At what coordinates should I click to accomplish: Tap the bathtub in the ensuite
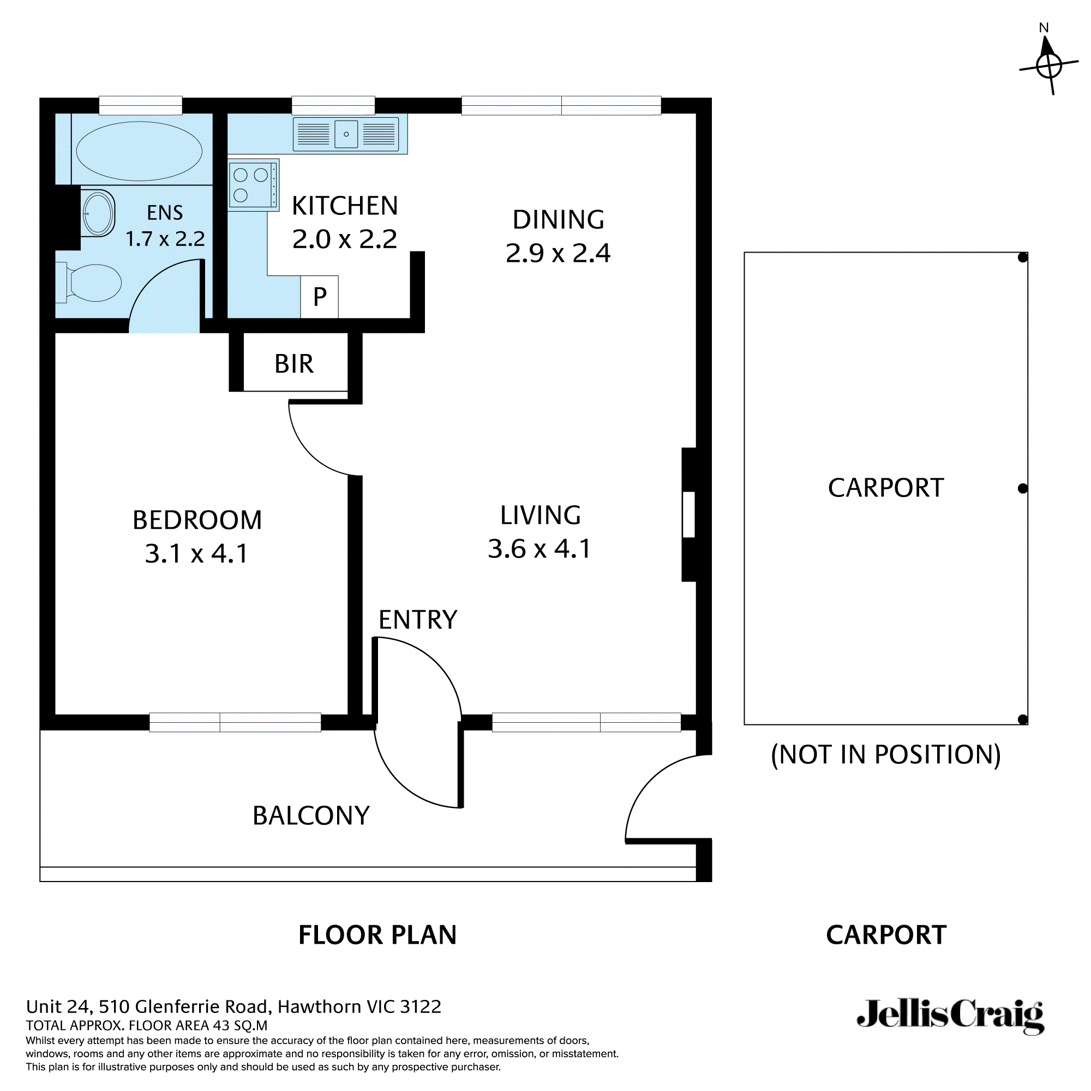coord(139,151)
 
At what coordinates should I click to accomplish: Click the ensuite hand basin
coord(98,213)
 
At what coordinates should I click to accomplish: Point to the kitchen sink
coord(346,134)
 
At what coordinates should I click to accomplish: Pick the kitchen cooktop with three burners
coord(253,185)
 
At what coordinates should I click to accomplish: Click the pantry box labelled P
coord(320,296)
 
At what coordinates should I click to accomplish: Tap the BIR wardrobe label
coord(293,364)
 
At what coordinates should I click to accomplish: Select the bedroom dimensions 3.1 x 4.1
coord(196,553)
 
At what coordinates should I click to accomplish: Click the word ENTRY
coord(417,620)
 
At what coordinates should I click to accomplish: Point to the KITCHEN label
coord(344,206)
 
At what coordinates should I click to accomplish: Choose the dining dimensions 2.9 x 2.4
coord(558,253)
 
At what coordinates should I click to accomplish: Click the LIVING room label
coord(541,515)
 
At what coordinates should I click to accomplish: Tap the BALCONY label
coord(310,816)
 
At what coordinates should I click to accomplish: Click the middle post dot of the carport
coord(1022,488)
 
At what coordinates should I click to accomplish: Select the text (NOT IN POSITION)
coord(885,754)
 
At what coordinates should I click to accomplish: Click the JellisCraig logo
coord(950,1016)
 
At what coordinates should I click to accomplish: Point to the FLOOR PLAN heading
coord(377,935)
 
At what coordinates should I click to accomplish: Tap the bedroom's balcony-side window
coord(235,722)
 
